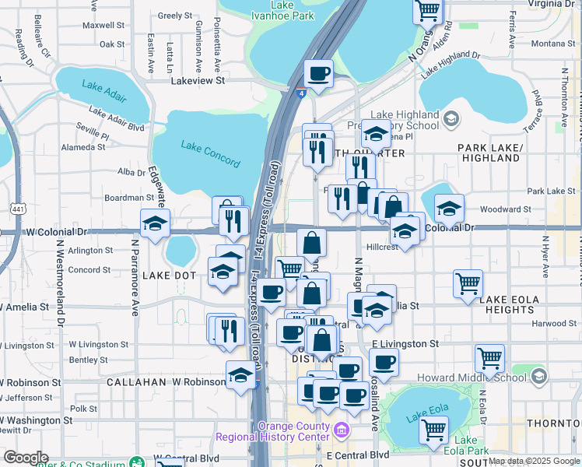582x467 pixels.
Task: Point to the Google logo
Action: point(26,458)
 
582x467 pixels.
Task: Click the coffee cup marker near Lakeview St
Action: point(319,74)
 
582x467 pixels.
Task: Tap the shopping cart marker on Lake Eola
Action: point(433,428)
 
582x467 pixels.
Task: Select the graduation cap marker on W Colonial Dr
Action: point(156,224)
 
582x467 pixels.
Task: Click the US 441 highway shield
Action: point(16,209)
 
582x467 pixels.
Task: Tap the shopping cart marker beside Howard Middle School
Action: point(489,359)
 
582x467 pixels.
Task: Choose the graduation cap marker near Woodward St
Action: point(449,209)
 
